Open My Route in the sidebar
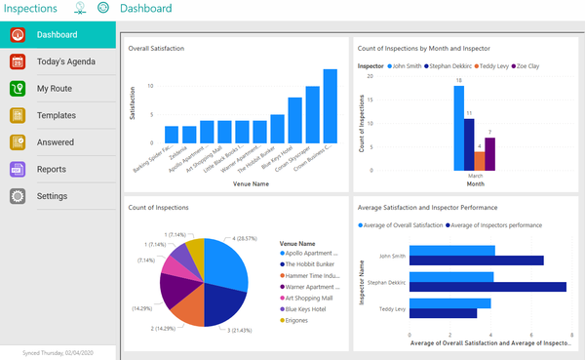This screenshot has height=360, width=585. tap(54, 89)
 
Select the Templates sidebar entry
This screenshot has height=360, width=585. tap(57, 115)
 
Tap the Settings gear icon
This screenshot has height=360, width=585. tap(17, 196)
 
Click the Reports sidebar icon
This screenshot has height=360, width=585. tap(17, 170)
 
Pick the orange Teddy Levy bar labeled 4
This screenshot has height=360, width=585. tap(479, 161)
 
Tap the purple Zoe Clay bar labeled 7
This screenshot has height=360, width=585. tap(489, 153)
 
